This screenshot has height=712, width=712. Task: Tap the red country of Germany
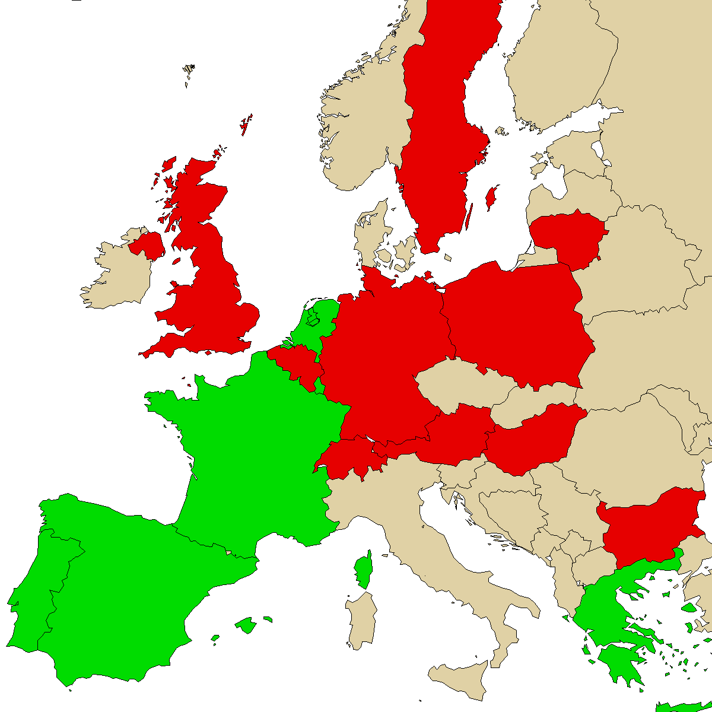pyautogui.click(x=380, y=356)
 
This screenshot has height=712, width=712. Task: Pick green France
pyautogui.click(x=255, y=451)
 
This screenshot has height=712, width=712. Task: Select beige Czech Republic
pyautogui.click(x=457, y=386)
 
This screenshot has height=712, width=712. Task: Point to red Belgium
pyautogui.click(x=297, y=365)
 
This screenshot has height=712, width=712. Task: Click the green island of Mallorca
pyautogui.click(x=245, y=625)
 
